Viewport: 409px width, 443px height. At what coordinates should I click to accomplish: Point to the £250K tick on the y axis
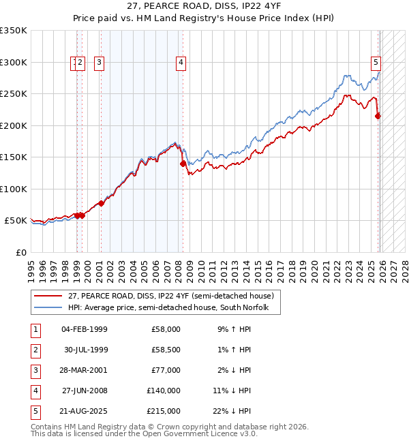(x=14, y=94)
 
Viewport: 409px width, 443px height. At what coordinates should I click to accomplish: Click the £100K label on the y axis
(x=14, y=189)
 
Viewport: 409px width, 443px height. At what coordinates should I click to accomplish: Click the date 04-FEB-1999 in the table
(x=84, y=329)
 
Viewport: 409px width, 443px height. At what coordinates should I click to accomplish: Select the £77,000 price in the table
(x=166, y=370)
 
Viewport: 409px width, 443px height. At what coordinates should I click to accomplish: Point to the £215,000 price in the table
(x=164, y=411)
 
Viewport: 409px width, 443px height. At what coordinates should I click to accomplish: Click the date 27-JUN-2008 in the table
(x=84, y=391)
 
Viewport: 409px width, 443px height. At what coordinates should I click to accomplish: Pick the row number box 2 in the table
(x=34, y=350)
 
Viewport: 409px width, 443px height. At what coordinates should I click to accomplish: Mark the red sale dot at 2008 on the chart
(x=183, y=164)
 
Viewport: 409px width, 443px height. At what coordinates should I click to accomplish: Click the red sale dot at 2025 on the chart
(x=378, y=116)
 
